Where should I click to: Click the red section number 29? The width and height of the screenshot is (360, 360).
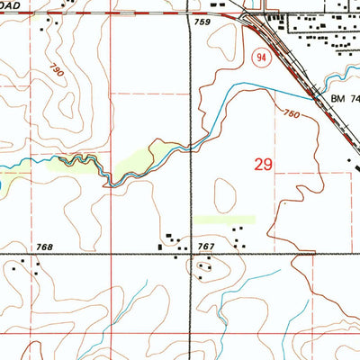pos(264,165)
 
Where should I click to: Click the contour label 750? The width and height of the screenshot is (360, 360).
pos(291,114)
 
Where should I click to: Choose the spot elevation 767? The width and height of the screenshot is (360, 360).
pos(207,246)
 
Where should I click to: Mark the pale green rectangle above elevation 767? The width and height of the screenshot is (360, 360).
pos(224,219)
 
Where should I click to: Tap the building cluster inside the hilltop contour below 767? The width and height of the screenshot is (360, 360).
pos(207,266)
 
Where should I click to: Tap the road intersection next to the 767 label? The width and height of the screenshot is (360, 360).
pos(192,254)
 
